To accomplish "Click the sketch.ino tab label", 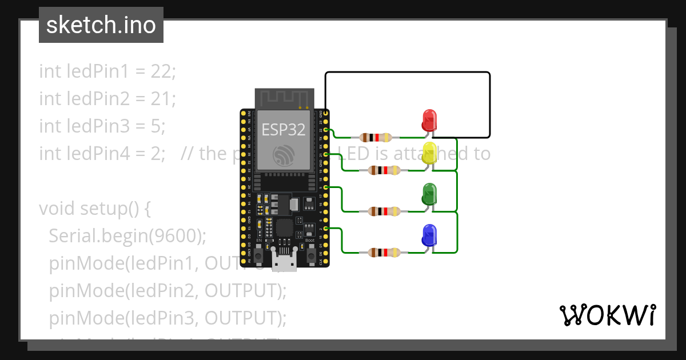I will (101, 25).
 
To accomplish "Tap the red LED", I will (429, 120).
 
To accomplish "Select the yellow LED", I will (429, 154).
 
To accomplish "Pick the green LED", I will (429, 194).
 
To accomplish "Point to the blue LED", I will (429, 235).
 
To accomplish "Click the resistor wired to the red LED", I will (376, 137).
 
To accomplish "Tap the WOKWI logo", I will (607, 315).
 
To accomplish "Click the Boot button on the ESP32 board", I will (310, 255).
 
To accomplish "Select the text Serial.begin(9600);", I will (127, 236).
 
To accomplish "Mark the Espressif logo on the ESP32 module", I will (284, 155).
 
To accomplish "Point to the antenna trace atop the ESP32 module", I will (284, 98).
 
